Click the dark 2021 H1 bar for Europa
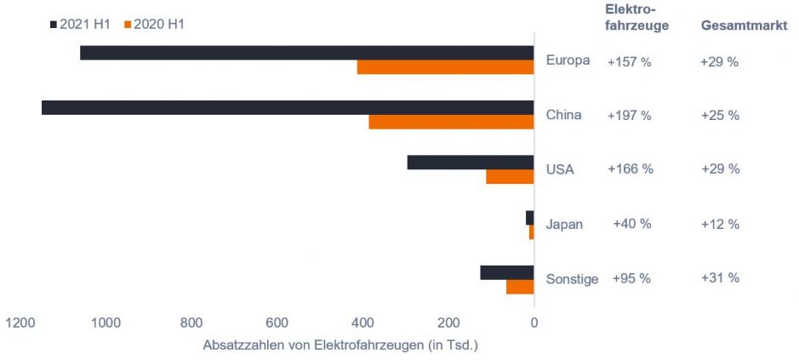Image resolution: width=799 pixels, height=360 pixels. [x=306, y=53]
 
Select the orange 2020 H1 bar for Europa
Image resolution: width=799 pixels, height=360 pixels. [x=445, y=67]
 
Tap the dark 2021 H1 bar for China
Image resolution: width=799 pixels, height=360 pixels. [x=288, y=107]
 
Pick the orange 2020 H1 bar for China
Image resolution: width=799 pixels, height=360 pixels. [x=451, y=122]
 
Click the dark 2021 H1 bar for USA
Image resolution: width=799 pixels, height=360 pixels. [x=471, y=162]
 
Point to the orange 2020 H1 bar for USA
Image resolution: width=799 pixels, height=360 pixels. [x=510, y=176]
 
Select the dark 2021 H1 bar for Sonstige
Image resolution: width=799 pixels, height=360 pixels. [x=507, y=272]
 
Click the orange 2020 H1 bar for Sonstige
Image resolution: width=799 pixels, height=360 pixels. [x=520, y=287]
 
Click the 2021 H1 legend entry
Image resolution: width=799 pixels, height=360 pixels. [x=81, y=25]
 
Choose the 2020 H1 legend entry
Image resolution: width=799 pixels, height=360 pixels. [x=154, y=25]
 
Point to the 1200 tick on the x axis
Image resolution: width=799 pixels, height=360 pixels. [x=20, y=323]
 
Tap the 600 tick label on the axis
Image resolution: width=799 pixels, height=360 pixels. [x=277, y=323]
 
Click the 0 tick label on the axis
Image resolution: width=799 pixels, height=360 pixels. [x=534, y=323]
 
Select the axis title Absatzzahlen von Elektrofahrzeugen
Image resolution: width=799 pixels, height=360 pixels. [x=340, y=345]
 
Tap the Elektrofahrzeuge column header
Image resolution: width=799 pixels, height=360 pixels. [x=636, y=17]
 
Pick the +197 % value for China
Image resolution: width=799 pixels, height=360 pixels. [x=629, y=115]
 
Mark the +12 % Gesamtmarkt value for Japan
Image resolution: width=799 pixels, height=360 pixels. [x=720, y=224]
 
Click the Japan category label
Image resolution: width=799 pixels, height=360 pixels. [x=565, y=224]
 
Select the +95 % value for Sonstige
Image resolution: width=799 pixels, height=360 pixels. [x=631, y=278]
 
